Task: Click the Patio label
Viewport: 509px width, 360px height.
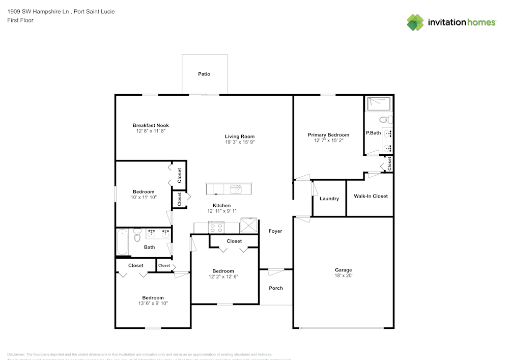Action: pyautogui.click(x=204, y=74)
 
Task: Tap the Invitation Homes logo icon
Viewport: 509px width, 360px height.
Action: pyautogui.click(x=415, y=22)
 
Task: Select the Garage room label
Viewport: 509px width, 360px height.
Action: pyautogui.click(x=343, y=270)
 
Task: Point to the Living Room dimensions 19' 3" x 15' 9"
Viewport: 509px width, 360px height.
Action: pyautogui.click(x=240, y=143)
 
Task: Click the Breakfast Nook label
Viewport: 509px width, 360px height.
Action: pyautogui.click(x=151, y=125)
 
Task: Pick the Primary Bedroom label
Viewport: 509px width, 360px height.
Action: pyautogui.click(x=328, y=135)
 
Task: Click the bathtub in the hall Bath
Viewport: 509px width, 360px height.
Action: pyautogui.click(x=122, y=242)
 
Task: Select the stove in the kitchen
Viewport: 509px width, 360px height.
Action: pyautogui.click(x=216, y=226)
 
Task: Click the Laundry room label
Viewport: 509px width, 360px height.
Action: pyautogui.click(x=329, y=199)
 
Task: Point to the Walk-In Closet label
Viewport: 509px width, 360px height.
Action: pyautogui.click(x=371, y=196)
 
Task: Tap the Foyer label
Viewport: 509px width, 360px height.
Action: pyautogui.click(x=275, y=231)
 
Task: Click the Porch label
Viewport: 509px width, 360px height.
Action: pyautogui.click(x=276, y=288)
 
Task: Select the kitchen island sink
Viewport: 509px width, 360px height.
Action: pyautogui.click(x=236, y=189)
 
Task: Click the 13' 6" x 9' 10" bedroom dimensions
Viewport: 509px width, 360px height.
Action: pyautogui.click(x=153, y=303)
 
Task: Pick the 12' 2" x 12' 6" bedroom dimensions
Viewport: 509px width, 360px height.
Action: pyautogui.click(x=223, y=276)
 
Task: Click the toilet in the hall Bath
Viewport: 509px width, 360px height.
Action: pyautogui.click(x=136, y=236)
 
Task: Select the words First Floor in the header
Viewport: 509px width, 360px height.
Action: pyautogui.click(x=20, y=20)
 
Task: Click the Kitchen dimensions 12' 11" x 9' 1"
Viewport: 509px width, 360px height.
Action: pyautogui.click(x=223, y=211)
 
